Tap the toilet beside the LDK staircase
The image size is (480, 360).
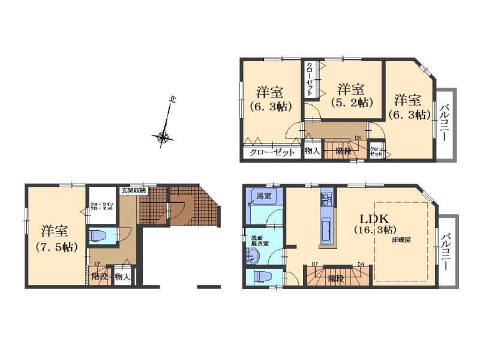[x=263, y=277]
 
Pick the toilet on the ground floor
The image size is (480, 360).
[x=98, y=235]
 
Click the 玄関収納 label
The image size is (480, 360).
[x=133, y=190]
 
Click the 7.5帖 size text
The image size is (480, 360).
[x=55, y=246]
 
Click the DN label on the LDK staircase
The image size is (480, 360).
[x=361, y=264]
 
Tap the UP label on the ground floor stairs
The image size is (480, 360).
[x=96, y=264]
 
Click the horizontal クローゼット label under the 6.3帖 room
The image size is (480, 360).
[x=272, y=152]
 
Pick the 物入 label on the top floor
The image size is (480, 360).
[x=311, y=151]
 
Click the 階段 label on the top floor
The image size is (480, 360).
[x=343, y=151]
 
